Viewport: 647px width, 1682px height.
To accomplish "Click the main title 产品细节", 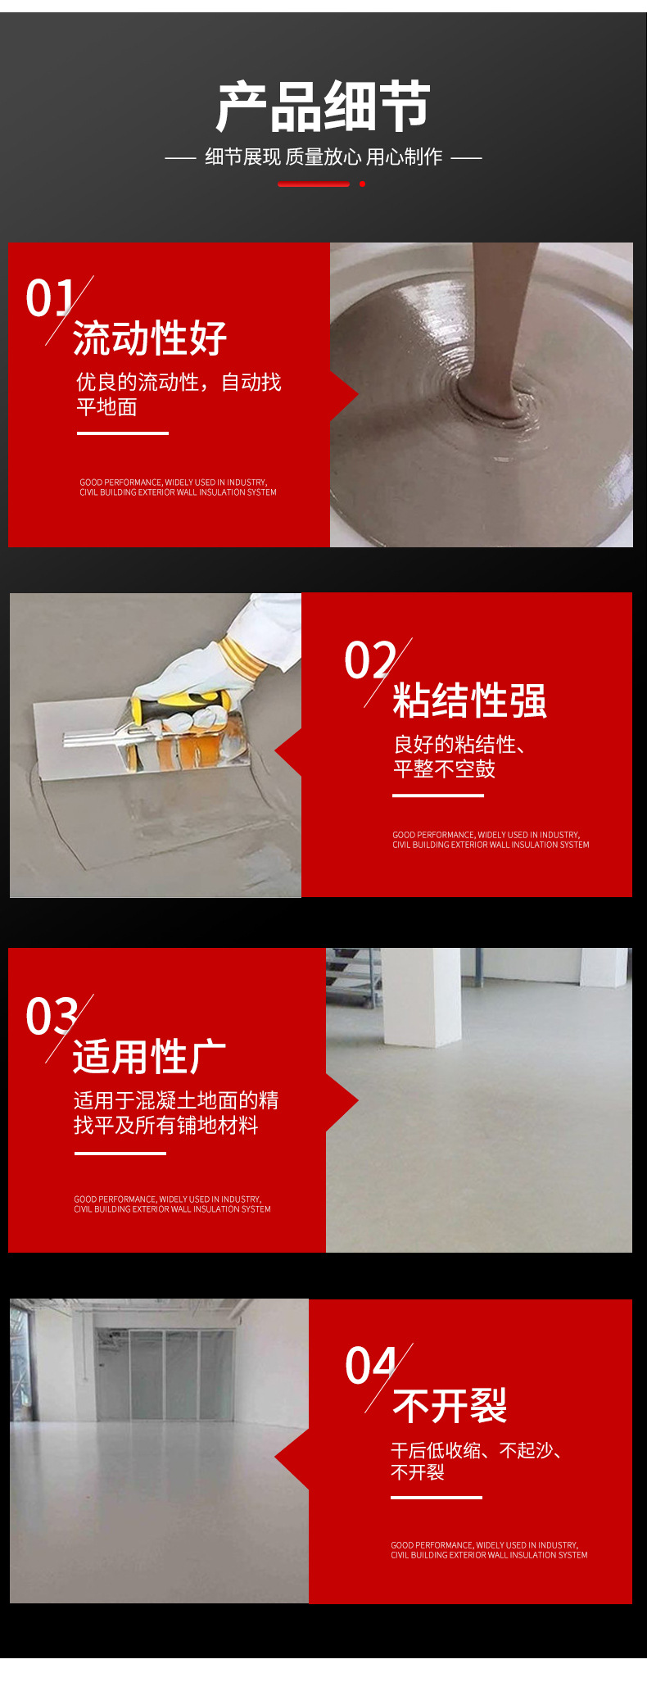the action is coord(323,107).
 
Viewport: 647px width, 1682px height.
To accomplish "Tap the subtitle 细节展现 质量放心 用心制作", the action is coord(323,156).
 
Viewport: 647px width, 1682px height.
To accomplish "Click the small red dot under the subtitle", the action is coord(362,184).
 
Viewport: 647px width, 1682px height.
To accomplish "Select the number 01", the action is coord(51,297).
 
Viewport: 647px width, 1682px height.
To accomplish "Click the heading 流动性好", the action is coord(150,338).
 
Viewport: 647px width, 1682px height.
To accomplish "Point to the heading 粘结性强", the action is coord(469,700).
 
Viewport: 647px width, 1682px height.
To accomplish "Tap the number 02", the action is coord(370,660).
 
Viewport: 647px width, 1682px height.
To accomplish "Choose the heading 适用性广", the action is coord(150,1056).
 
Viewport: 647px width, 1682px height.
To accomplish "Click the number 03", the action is coord(52,1016).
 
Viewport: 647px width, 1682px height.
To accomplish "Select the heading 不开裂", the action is coord(450,1406).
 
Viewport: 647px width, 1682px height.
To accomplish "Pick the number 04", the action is coord(371,1366).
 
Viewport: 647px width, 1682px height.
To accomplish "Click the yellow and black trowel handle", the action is coord(182,704).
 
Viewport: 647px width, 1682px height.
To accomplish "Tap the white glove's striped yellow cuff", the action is coord(243,656).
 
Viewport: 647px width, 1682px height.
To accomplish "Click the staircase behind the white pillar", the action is coord(353,977).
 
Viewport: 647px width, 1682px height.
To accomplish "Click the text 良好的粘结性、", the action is coord(459,744).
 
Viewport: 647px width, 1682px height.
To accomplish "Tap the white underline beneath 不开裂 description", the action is coord(437,1498).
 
